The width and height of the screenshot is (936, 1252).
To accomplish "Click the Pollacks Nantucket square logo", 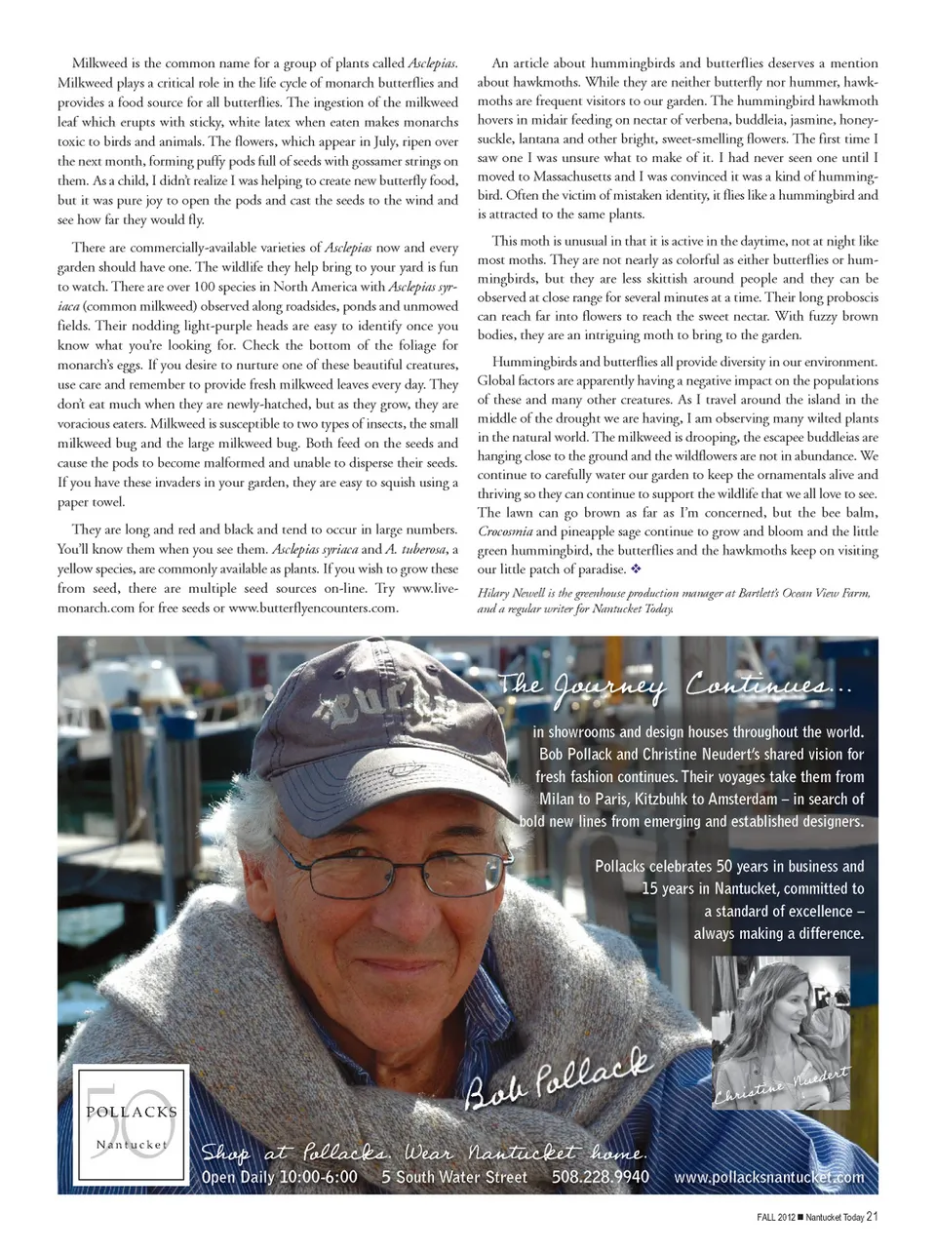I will pos(133,1126).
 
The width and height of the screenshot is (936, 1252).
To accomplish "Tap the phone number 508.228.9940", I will pos(600,1177).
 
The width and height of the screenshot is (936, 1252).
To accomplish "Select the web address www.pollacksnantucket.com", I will pos(768,1177).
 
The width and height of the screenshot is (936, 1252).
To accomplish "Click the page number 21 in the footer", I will pos(873,1216).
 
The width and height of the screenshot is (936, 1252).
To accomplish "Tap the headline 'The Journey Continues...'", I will pos(676,686).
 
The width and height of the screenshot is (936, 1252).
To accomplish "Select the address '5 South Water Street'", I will pos(453,1177).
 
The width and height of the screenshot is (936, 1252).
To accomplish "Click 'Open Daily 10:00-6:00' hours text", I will pos(279,1177).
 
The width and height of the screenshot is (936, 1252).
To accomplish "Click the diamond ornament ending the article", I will pos(635,569).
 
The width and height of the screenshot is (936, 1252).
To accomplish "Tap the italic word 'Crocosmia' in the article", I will pos(504,531).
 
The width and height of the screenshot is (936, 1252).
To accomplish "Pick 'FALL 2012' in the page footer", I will pos(775,1216).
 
